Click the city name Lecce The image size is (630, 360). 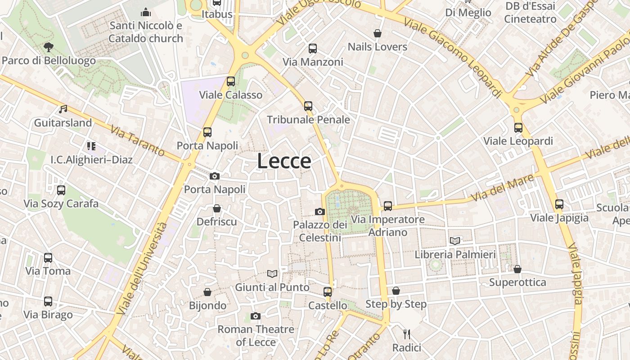[x=284, y=161]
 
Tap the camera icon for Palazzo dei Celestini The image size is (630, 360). [x=319, y=211]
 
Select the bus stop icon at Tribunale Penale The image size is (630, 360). [x=308, y=106]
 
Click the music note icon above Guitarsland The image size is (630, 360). [x=63, y=109]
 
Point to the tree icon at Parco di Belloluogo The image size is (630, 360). [x=48, y=47]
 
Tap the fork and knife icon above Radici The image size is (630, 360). [x=407, y=334]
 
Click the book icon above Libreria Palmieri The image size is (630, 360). [x=455, y=241]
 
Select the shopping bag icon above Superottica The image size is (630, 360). [x=517, y=269]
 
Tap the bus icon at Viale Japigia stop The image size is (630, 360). [x=559, y=204]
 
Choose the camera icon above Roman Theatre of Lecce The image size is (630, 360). [x=256, y=316]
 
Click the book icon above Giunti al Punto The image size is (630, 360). [x=272, y=274]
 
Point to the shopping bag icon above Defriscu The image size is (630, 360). [x=217, y=208]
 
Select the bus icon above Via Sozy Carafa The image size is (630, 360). [x=61, y=190]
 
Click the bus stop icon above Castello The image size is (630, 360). [x=328, y=292]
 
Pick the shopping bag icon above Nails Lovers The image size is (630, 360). [x=378, y=33]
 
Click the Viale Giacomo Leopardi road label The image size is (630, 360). [x=453, y=57]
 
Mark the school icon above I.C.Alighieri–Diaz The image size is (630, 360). [x=91, y=146]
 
